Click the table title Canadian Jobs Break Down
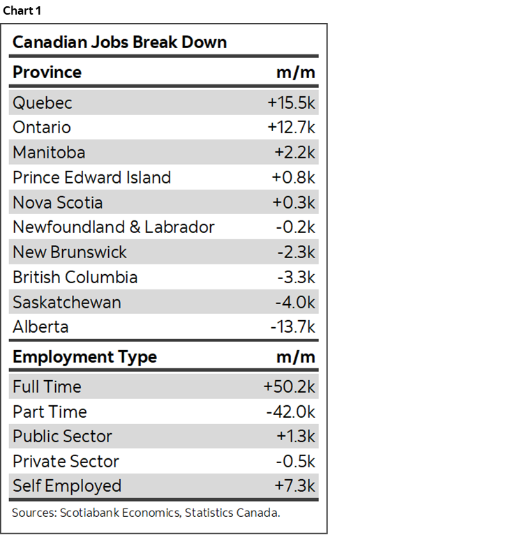point(119,42)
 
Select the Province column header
point(47,73)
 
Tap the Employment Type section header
point(84,357)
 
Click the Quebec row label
point(42,103)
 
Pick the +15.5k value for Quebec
point(291,103)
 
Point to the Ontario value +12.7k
point(291,128)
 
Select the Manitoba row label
point(49,153)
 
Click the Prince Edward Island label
point(91,178)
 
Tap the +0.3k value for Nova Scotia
point(293,203)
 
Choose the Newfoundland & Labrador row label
point(113,227)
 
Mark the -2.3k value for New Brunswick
point(296,253)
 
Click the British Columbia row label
point(75,278)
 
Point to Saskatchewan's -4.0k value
point(295,303)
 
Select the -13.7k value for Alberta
point(293,327)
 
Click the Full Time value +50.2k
point(289,387)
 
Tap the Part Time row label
point(50,412)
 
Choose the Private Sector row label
point(66,462)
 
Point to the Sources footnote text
point(146,513)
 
